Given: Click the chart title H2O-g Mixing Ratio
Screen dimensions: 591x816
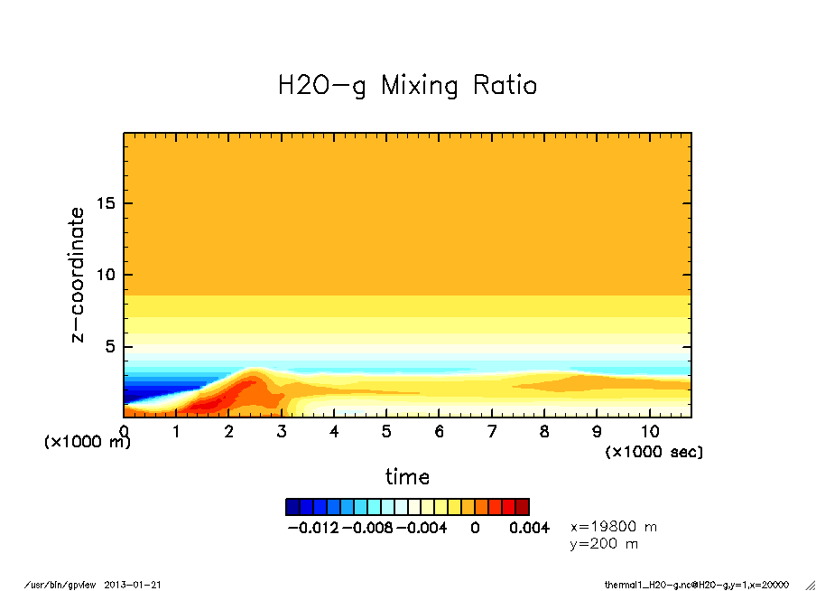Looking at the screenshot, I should click(x=407, y=86).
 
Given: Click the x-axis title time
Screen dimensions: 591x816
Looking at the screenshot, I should click(x=407, y=476).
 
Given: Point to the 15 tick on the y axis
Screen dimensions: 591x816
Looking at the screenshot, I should click(x=107, y=202).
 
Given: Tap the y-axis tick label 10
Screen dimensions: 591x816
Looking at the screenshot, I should click(x=107, y=275).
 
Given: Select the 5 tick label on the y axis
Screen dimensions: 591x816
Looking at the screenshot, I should click(x=112, y=347).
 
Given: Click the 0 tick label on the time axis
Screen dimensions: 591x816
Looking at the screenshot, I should click(x=124, y=432).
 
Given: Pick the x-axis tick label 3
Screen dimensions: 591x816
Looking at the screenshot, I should click(x=282, y=432).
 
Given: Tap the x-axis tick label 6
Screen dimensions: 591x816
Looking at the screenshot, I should click(x=440, y=432).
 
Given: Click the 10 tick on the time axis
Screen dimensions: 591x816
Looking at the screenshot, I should click(x=650, y=432).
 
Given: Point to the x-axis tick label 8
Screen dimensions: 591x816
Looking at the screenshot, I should click(x=544, y=432).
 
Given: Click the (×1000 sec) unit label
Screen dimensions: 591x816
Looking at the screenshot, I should click(x=654, y=451).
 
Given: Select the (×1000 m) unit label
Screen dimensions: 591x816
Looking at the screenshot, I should click(x=88, y=443).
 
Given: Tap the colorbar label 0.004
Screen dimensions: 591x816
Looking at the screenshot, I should click(x=529, y=528).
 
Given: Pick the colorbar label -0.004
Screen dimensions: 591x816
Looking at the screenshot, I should click(x=422, y=528).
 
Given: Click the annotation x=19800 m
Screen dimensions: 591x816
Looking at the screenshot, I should click(x=614, y=526).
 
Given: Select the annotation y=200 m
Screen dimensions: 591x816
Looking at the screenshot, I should click(x=604, y=544).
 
